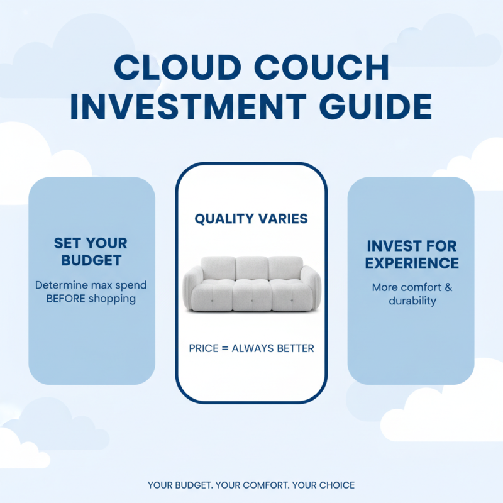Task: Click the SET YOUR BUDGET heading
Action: pos(91,251)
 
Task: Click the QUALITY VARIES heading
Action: pos(251,219)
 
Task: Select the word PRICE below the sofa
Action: pos(204,348)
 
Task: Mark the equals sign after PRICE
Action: pos(225,348)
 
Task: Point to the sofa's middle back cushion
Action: pos(251,268)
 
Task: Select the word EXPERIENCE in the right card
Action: pos(412,262)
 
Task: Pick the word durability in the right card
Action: pos(412,301)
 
